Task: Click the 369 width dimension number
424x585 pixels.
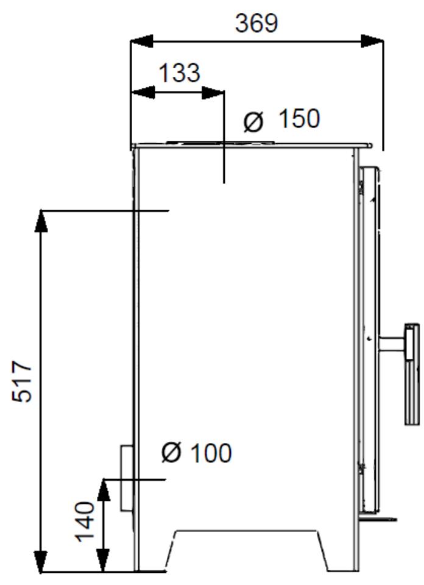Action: point(256,23)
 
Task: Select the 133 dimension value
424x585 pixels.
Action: point(179,73)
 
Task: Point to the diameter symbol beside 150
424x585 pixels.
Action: point(253,122)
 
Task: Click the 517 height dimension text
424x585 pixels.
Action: point(22,381)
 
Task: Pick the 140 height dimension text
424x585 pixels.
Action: point(85,521)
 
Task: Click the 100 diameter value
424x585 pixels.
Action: point(211,453)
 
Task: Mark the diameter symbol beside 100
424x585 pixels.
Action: point(171,452)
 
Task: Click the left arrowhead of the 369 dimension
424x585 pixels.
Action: point(142,41)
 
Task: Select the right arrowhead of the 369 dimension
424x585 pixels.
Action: point(372,41)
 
